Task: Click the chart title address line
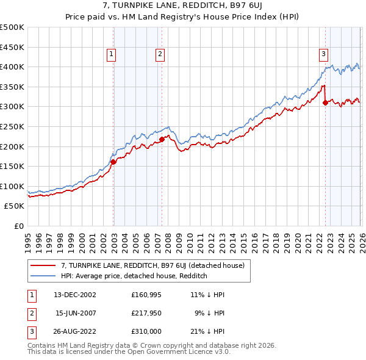pos(183,5)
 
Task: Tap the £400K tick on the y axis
pos(12,67)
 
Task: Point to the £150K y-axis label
pos(12,166)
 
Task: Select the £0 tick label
pos(18,226)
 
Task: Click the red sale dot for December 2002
pos(113,162)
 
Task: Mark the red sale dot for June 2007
pos(162,139)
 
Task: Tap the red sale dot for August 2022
pos(325,103)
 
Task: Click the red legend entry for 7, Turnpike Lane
pos(152,265)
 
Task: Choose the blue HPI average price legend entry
pos(134,276)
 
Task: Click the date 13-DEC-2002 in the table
pos(75,294)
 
